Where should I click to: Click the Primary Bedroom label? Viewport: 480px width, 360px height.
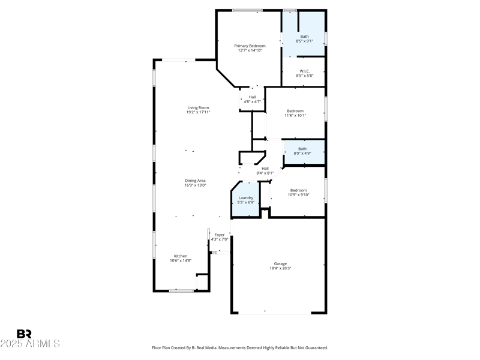[x=250, y=46]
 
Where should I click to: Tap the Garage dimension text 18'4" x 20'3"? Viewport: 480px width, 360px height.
[x=280, y=268]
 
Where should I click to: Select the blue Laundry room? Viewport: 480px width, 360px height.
[x=246, y=199]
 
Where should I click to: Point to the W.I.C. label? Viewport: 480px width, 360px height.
[x=305, y=71]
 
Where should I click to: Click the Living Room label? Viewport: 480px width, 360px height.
[x=198, y=107]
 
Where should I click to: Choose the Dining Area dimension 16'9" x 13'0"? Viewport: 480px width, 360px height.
[x=195, y=185]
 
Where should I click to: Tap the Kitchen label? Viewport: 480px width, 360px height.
[x=181, y=256]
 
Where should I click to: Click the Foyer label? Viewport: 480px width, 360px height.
[x=220, y=235]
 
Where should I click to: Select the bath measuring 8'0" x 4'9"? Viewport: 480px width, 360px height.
[x=304, y=152]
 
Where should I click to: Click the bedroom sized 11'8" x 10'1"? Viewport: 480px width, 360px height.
[x=295, y=113]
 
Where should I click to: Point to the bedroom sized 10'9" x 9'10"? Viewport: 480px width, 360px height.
[x=298, y=192]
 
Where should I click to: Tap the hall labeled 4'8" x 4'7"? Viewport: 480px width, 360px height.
[x=252, y=99]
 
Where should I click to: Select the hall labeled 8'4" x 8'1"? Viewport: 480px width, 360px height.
[x=265, y=170]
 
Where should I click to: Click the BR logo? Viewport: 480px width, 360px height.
[x=24, y=334]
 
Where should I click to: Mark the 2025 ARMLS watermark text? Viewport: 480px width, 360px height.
[x=30, y=344]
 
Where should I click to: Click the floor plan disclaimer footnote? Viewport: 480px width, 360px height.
[x=240, y=348]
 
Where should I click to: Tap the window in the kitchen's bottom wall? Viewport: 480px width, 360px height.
[x=182, y=291]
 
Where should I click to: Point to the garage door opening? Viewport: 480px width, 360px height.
[x=275, y=313]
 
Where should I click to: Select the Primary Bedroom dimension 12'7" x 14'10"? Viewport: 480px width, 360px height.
[x=250, y=50]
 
